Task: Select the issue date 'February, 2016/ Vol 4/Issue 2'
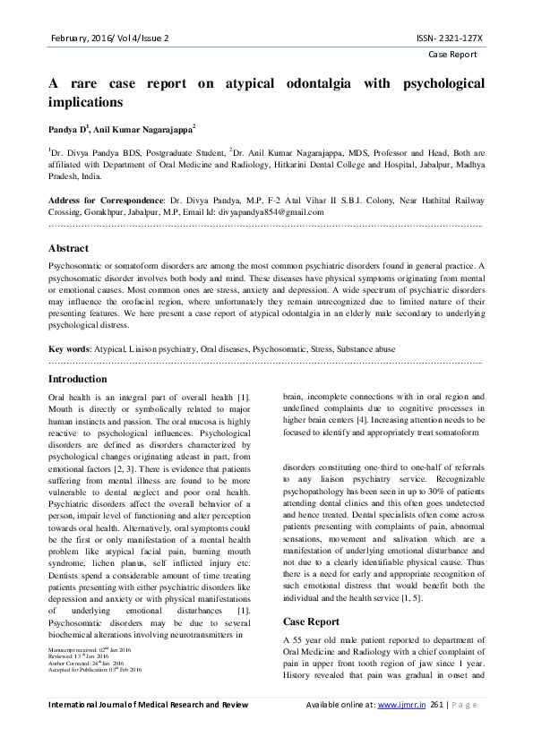click(108, 39)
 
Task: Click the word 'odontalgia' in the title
click(322, 84)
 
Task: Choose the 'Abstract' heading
click(68, 248)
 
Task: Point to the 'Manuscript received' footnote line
click(90, 650)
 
